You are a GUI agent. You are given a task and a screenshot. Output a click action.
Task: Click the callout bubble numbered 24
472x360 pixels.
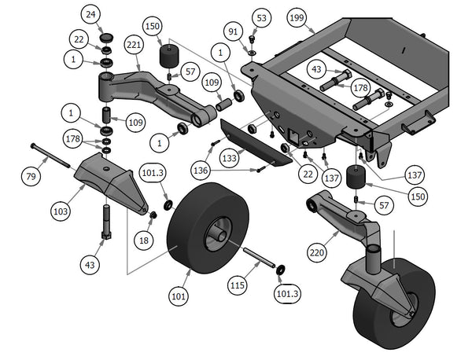point(91,15)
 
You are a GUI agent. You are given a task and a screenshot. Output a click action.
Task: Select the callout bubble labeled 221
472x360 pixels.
point(133,47)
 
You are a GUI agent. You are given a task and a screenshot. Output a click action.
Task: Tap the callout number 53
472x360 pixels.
point(261,17)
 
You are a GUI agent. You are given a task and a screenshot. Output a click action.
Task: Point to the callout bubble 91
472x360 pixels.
point(233,32)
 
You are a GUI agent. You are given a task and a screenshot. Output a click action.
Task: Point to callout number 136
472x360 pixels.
point(200,169)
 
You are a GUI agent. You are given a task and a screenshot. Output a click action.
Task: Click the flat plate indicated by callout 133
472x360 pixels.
point(252,141)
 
